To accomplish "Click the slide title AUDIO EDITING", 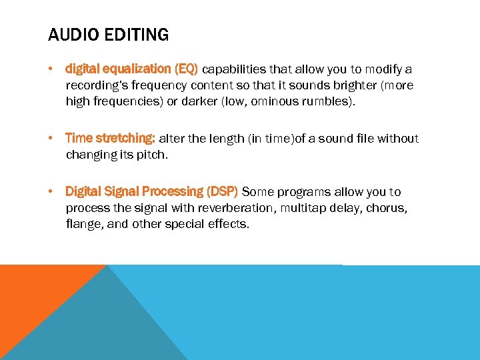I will (x=108, y=35).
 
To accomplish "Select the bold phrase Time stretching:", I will (x=110, y=139).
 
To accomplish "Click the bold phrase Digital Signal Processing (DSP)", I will (x=151, y=192).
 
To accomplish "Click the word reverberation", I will (x=236, y=208).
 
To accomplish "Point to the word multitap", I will (x=303, y=208).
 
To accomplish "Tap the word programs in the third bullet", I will (x=304, y=192).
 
